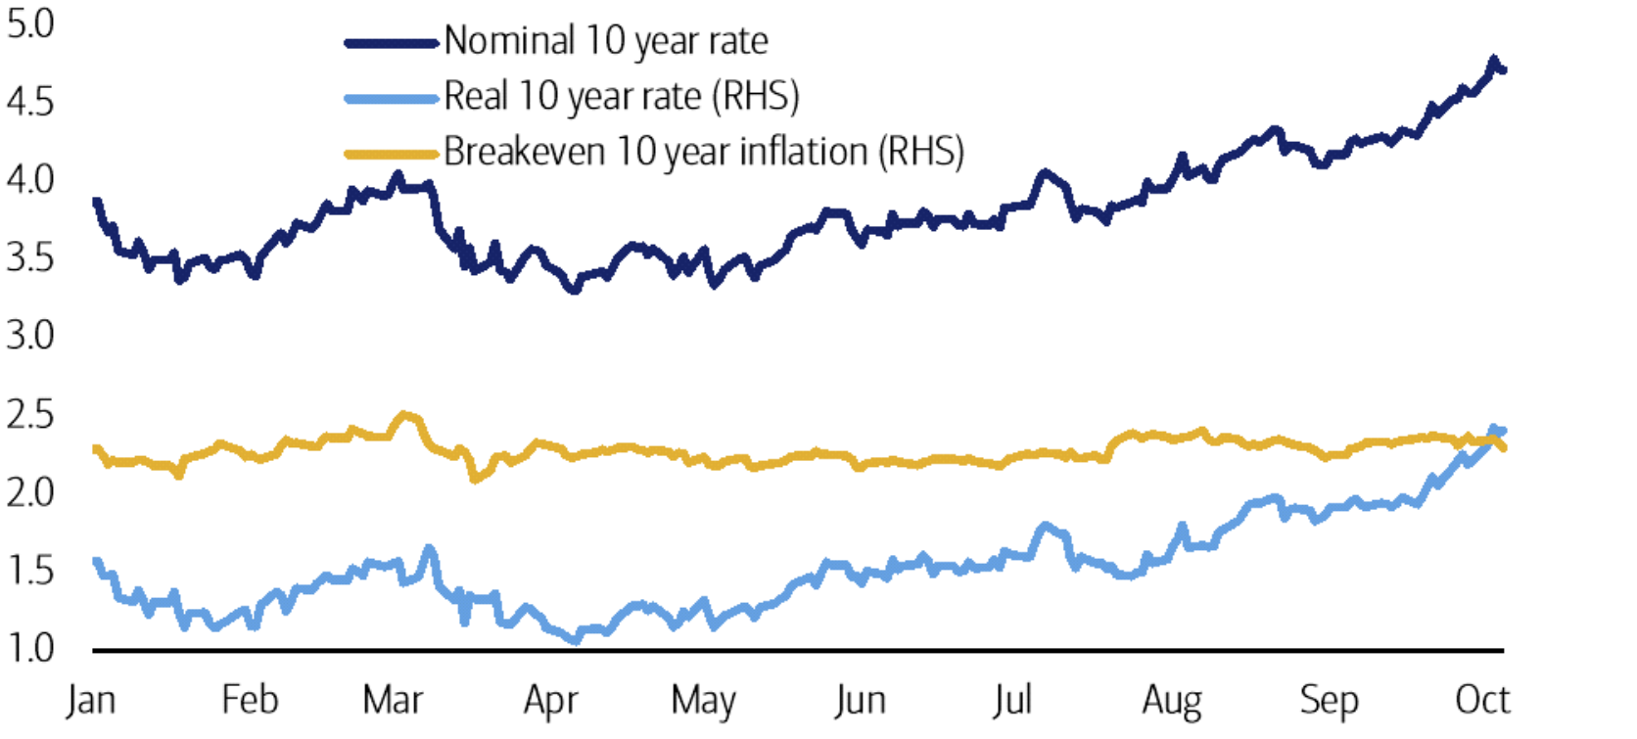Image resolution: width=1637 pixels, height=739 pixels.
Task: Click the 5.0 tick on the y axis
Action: click(30, 24)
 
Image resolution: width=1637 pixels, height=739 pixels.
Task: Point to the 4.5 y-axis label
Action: click(30, 102)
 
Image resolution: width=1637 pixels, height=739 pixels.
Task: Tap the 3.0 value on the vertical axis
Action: click(30, 336)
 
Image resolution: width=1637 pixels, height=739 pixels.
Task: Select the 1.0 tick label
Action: click(30, 648)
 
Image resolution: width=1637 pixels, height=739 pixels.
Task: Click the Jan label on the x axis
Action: click(91, 701)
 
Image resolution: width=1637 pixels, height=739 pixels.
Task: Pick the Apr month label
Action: click(550, 701)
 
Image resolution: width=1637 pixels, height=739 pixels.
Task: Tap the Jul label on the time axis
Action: click(1011, 701)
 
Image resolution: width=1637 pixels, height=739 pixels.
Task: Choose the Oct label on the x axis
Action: click(1482, 701)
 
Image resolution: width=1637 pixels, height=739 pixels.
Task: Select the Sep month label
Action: click(1329, 701)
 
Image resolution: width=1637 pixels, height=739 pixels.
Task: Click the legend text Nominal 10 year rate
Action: click(605, 41)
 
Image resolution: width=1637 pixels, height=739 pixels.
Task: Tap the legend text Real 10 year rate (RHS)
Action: click(621, 97)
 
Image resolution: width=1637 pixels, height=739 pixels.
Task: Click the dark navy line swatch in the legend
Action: click(391, 43)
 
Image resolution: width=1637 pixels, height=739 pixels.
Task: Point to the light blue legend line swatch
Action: click(391, 98)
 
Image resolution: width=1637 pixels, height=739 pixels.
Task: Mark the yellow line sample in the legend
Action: click(391, 154)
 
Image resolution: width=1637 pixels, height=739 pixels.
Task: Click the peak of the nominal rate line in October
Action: click(1493, 62)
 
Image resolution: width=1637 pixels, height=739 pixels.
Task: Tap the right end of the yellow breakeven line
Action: click(1503, 447)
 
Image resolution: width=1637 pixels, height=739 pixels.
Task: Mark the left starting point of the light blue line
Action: click(96, 561)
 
